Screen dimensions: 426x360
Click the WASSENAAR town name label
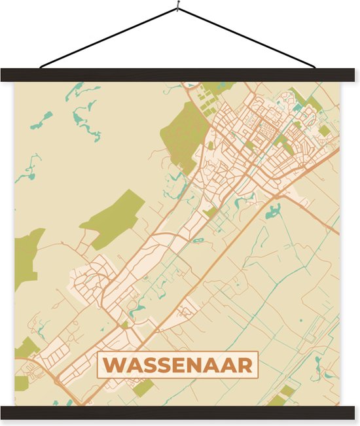[x=177, y=364]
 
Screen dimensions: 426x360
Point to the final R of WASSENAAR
[x=245, y=364]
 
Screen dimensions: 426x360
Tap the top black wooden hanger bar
[x=180, y=75]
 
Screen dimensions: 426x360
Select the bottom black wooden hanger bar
[x=180, y=412]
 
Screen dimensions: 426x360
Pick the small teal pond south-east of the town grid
[x=272, y=211]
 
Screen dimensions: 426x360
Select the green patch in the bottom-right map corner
[x=281, y=395]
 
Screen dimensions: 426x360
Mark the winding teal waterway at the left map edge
[x=29, y=170]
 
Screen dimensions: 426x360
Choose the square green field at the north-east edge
[x=324, y=131]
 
